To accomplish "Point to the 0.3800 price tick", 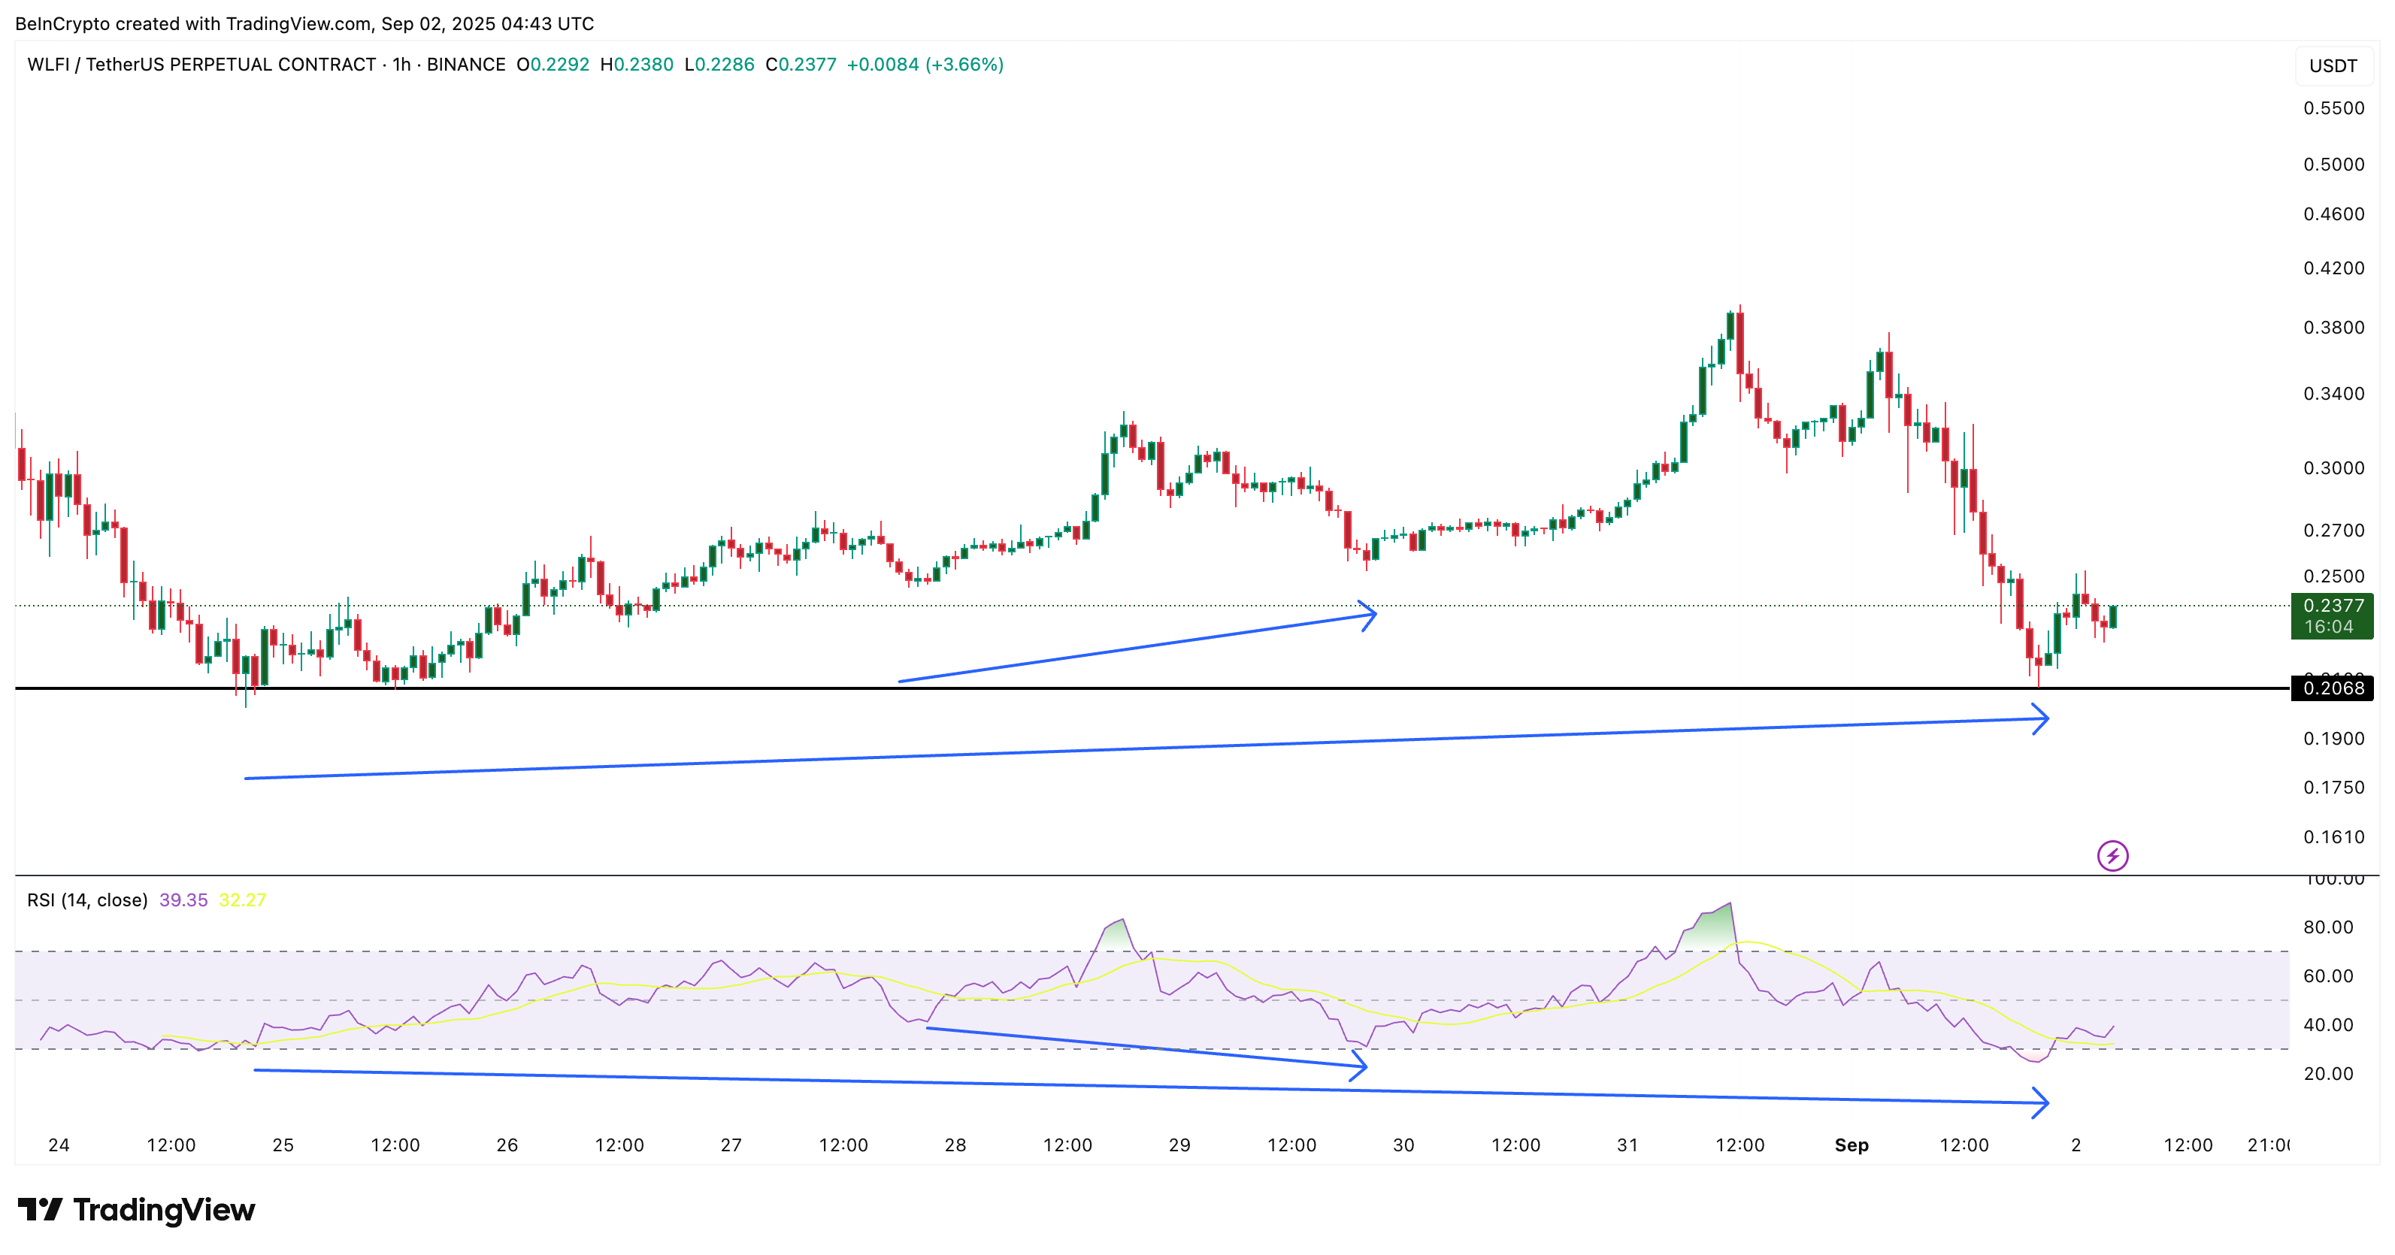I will (2333, 327).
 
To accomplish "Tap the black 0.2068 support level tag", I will (2333, 688).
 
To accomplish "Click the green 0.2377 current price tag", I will (2332, 615).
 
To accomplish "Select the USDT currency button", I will (2333, 66).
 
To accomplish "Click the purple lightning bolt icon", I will (2112, 855).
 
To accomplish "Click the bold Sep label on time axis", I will (1851, 1145).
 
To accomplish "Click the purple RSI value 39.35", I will (183, 900).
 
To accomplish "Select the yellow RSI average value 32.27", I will (243, 900).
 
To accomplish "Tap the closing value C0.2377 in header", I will (801, 64).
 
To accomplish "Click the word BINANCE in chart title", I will (466, 64).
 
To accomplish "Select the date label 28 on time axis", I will (955, 1145).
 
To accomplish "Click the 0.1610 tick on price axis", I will (2333, 836).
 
